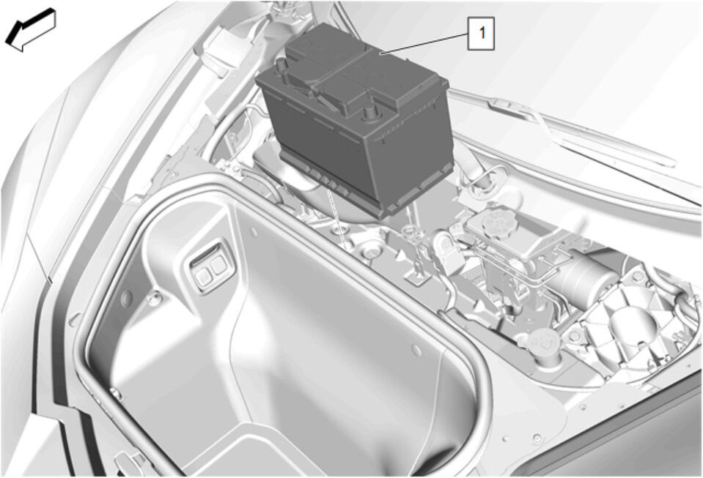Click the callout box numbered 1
pyautogui.click(x=481, y=33)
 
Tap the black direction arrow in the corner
pyautogui.click(x=30, y=30)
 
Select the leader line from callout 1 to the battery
pyautogui.click(x=423, y=43)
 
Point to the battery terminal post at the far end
pyautogui.click(x=282, y=68)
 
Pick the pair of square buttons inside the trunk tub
pyautogui.click(x=210, y=270)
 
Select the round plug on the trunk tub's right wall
pyautogui.click(x=416, y=350)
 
